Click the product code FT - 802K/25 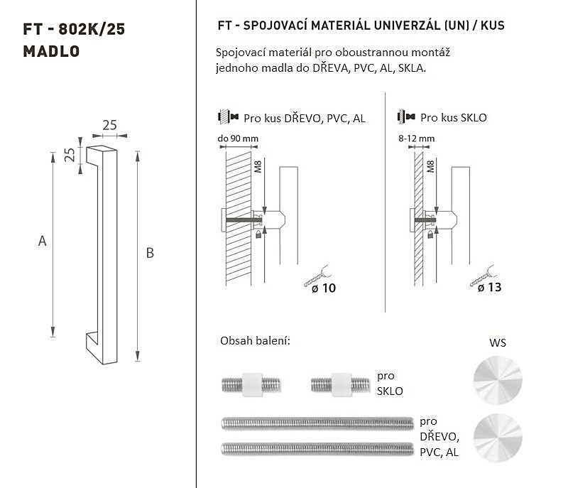point(74,29)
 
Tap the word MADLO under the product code point(51,51)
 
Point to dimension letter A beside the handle point(43,241)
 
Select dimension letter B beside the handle point(150,253)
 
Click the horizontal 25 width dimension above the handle point(109,125)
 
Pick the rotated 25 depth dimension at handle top point(69,155)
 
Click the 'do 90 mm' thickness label point(238,139)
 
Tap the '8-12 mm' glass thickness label point(416,139)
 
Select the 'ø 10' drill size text point(324,288)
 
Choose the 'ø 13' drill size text point(489,288)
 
